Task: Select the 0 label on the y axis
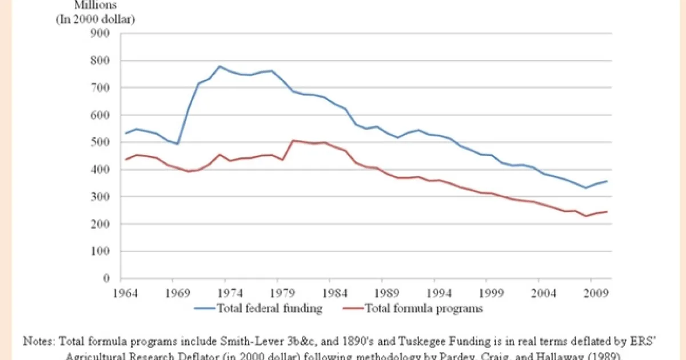click(106, 279)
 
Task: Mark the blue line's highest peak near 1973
click(220, 66)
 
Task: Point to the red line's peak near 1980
click(293, 140)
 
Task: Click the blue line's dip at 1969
click(178, 143)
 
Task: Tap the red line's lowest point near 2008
click(585, 216)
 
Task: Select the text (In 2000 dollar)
click(94, 19)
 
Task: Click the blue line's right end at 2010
click(607, 181)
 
